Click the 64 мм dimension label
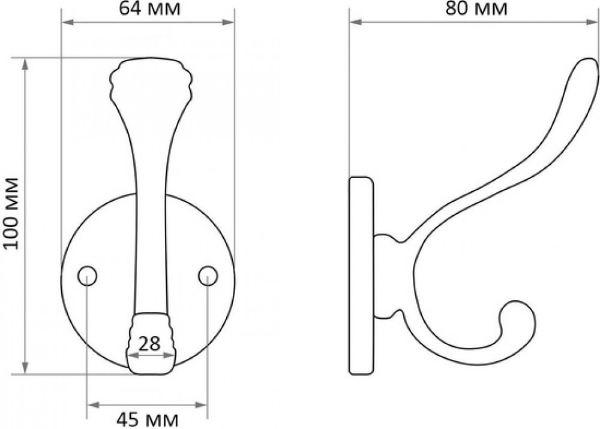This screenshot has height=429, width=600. coord(149,9)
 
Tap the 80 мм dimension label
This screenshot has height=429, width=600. coord(476,9)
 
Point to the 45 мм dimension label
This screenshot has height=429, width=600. coord(148,420)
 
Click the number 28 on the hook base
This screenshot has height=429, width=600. coord(149,344)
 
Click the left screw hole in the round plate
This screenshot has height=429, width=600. coord(87,276)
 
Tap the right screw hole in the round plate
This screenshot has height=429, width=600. coord(208,276)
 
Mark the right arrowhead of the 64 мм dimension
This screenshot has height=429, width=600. coord(229,23)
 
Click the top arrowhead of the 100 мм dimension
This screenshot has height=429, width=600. coord(25,64)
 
